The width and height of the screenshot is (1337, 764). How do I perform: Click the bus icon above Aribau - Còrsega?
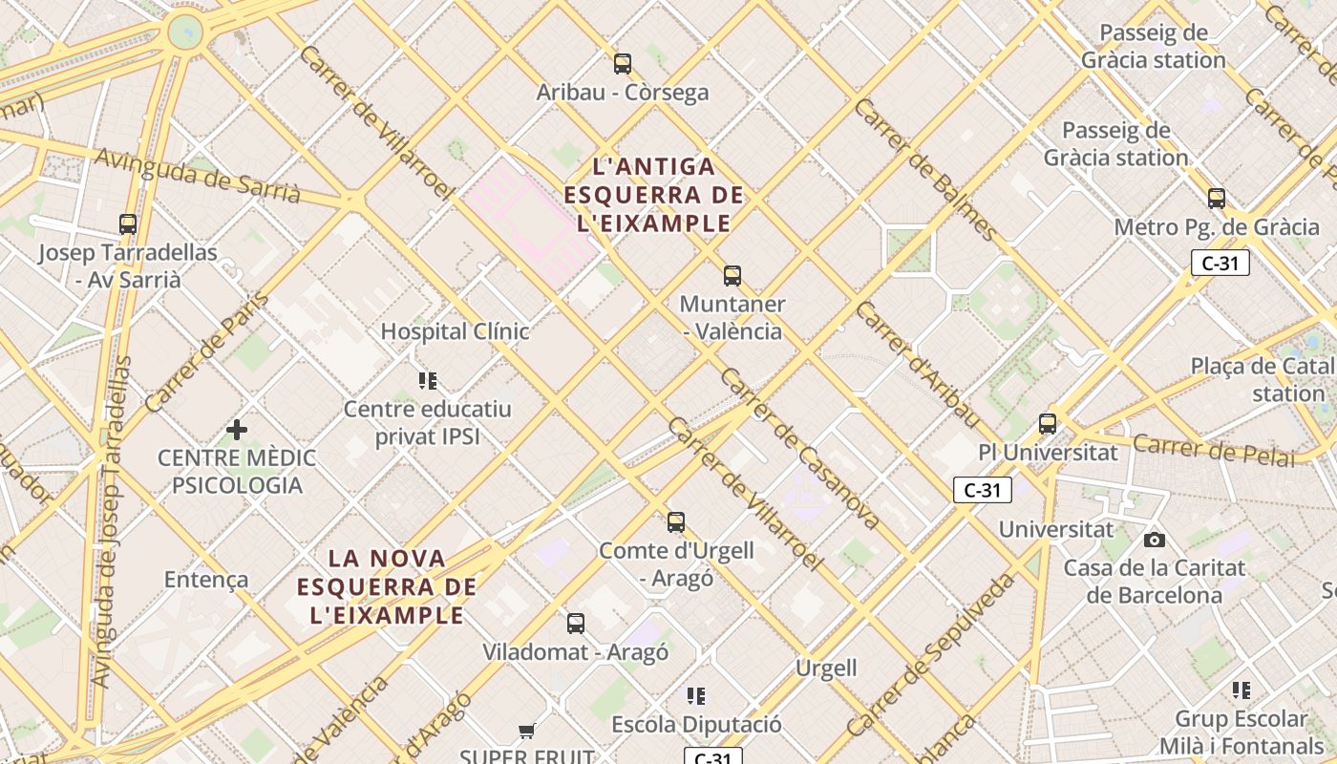point(623,64)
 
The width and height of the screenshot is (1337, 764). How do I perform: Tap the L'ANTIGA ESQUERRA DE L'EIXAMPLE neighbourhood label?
point(654,195)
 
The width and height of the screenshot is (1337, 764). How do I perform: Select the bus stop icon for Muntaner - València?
point(732,276)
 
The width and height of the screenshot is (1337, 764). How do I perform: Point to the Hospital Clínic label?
point(455,331)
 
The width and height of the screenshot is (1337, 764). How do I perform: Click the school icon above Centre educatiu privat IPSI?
point(428,381)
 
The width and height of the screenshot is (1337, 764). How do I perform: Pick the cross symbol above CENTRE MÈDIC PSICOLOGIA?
point(236,430)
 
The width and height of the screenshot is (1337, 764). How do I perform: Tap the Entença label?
point(206,579)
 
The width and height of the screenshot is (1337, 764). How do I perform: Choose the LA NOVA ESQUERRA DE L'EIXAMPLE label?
point(387,585)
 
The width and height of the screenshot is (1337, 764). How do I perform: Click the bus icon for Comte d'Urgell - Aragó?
point(676,522)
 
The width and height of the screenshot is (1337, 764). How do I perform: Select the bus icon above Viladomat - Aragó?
point(575,624)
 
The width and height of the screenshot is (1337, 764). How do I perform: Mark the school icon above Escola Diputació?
point(696,695)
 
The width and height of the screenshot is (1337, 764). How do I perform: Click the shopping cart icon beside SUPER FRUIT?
point(526,732)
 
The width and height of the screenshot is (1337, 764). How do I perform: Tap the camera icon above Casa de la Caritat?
point(1155,540)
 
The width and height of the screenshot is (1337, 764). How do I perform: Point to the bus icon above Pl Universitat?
point(1048,423)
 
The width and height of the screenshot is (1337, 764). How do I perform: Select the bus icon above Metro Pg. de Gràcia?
point(1217,199)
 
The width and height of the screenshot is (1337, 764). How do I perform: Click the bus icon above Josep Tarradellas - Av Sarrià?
point(128,224)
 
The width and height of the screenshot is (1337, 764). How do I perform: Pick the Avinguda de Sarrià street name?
point(198,176)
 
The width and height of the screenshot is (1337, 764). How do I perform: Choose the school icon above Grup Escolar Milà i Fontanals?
point(1241,690)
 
